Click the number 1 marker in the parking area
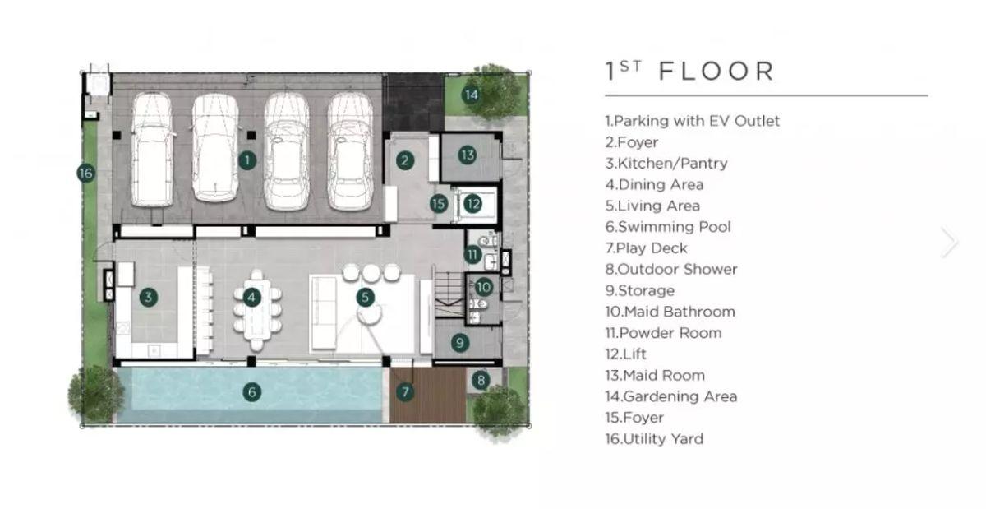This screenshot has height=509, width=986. tap(247, 160)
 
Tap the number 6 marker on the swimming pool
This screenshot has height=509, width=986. tap(252, 391)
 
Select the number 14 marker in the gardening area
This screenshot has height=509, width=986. tap(471, 95)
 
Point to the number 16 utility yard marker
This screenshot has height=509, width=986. tap(85, 174)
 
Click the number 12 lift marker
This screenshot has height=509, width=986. tap(473, 204)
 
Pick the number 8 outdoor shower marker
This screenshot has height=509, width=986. tap(481, 381)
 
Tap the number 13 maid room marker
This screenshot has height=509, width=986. tap(467, 155)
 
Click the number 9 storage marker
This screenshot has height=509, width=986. tap(460, 342)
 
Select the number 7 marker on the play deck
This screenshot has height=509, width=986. tap(405, 391)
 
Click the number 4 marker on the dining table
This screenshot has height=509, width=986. tap(251, 298)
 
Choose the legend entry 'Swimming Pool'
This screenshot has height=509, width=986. tap(668, 227)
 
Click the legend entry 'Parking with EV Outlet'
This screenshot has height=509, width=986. tap(693, 121)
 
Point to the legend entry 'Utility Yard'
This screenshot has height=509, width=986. tap(654, 439)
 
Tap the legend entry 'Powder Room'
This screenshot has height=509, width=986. tap(663, 333)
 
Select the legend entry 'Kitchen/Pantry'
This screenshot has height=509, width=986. tap(666, 164)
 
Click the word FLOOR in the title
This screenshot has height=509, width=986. tap(716, 71)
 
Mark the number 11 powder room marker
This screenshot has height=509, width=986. tap(472, 254)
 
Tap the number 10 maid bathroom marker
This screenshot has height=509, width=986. tap(483, 287)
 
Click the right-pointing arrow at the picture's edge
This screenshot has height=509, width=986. tap(950, 242)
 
